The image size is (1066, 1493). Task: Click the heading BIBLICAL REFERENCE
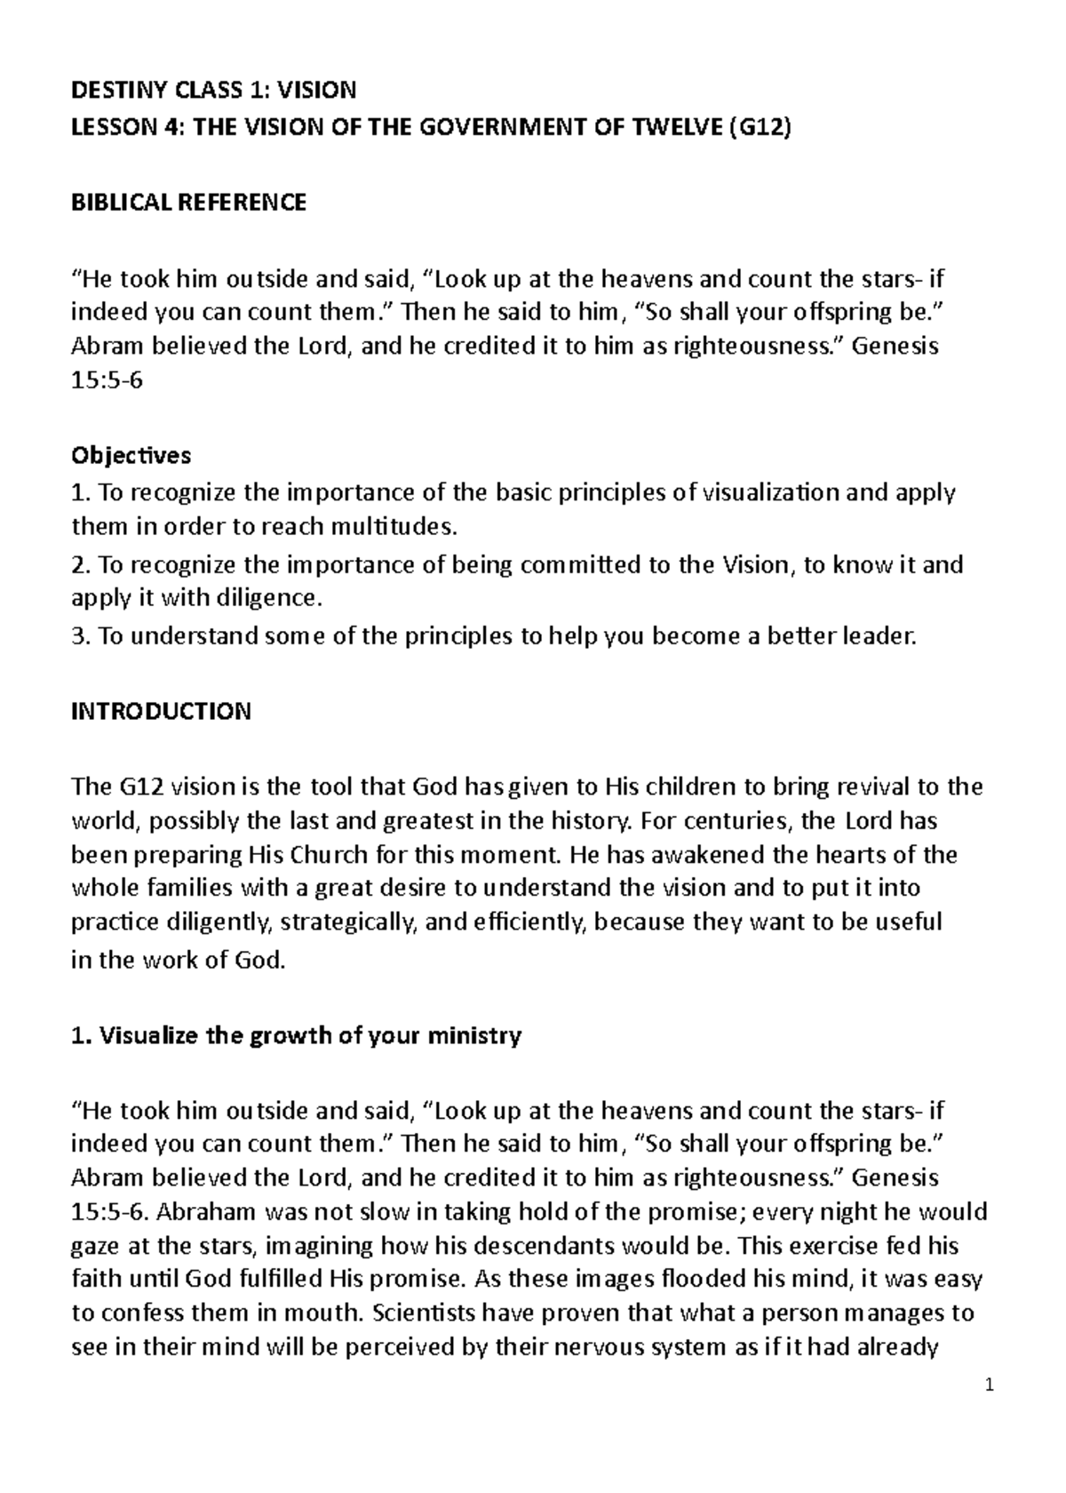tap(188, 203)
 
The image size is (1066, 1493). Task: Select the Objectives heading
tap(131, 456)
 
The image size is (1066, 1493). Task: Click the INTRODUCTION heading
tap(161, 712)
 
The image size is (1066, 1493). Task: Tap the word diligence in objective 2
tap(266, 598)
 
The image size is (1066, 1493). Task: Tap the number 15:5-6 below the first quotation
tap(107, 381)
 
